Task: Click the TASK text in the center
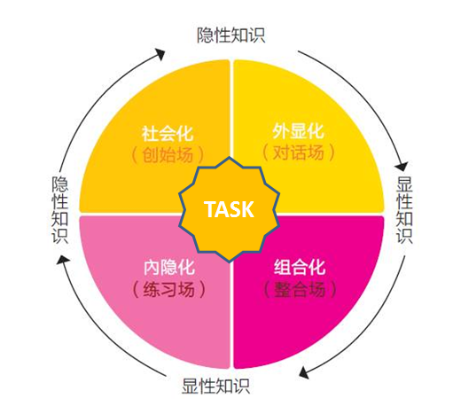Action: click(229, 209)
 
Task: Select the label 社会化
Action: click(168, 134)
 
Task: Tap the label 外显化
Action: click(298, 131)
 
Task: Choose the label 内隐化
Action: click(169, 267)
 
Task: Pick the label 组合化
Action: click(300, 267)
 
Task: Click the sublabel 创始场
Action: click(168, 155)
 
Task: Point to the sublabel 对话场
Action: click(299, 152)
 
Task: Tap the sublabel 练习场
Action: click(169, 289)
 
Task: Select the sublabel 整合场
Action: click(300, 289)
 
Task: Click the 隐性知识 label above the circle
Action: click(231, 35)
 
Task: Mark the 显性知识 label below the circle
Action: click(215, 386)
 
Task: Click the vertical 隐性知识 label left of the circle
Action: click(60, 210)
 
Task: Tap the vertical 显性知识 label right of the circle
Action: click(404, 210)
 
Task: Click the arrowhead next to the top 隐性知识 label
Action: click(160, 54)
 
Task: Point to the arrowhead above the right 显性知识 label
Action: click(402, 166)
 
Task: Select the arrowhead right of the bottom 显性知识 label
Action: click(304, 373)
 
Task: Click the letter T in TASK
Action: click(210, 209)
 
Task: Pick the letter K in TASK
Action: click(247, 209)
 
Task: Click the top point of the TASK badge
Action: click(230, 157)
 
